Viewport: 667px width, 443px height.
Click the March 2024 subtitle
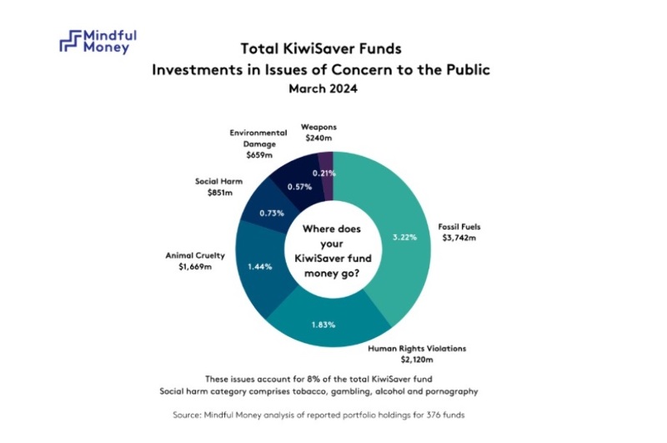coord(321,89)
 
